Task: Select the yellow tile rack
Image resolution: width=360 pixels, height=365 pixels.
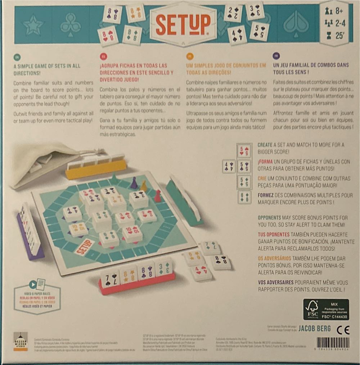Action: tap(95, 168)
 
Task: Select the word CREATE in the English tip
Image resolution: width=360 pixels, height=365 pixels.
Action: tap(265, 145)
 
